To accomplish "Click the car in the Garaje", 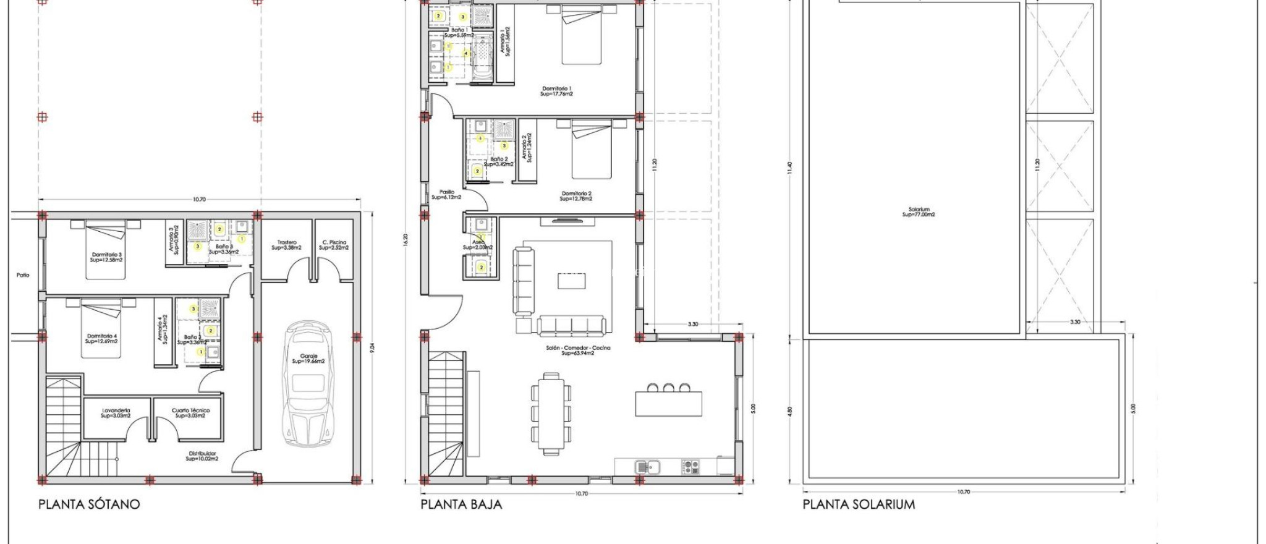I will (308, 383).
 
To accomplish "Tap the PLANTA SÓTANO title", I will (89, 504).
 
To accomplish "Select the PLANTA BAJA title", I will (461, 504).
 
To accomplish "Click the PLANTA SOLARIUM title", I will (859, 504).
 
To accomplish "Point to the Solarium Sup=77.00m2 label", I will (919, 212).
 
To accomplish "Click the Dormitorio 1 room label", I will (556, 91).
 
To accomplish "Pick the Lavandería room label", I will (116, 413).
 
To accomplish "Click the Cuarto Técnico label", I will (190, 413).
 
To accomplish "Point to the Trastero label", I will (287, 245).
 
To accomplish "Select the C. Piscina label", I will (334, 245).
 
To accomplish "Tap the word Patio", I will (23, 275).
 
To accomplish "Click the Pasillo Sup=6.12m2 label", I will (446, 194).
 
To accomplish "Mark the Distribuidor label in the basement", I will (202, 456).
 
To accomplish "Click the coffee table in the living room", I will (571, 281).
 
